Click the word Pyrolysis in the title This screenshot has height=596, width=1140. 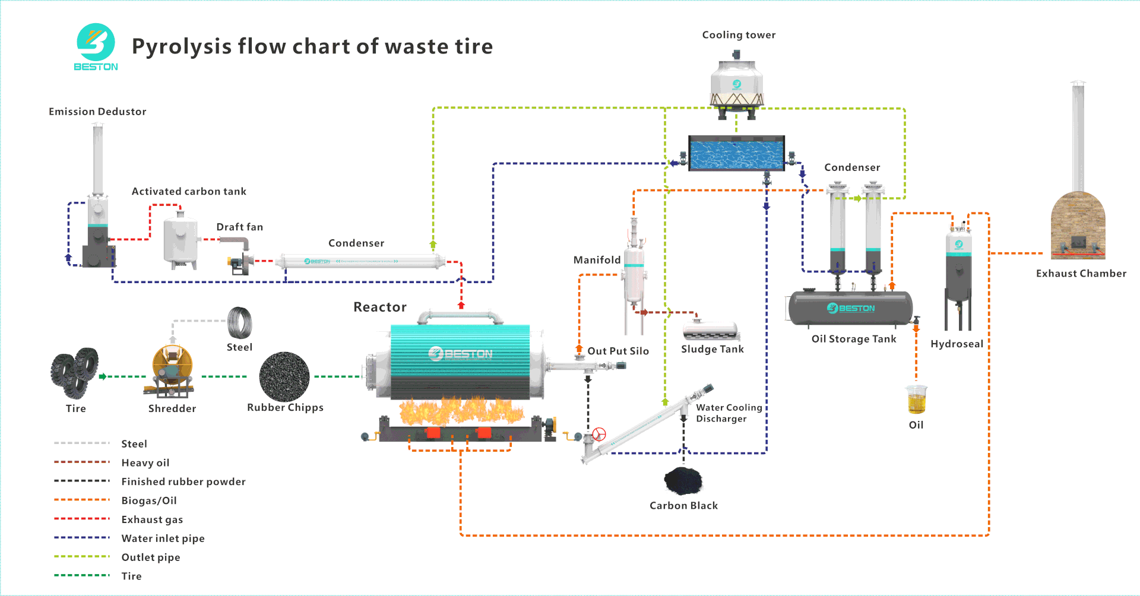coord(181,46)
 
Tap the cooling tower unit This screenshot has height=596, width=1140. coord(736,86)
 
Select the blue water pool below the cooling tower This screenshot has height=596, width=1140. coord(736,153)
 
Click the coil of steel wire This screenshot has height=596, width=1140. coord(240,323)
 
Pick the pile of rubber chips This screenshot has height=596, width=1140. coord(284,376)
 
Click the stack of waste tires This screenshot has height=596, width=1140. coord(75,373)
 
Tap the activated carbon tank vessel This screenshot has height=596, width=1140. coord(180,241)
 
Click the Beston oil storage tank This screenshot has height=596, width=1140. coord(850,308)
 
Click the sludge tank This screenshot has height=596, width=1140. coord(711,330)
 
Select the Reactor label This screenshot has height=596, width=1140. coord(380,307)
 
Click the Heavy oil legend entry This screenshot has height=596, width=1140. coord(145,463)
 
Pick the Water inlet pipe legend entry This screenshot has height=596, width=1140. coord(163,538)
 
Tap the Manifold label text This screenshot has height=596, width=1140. coord(597,260)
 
